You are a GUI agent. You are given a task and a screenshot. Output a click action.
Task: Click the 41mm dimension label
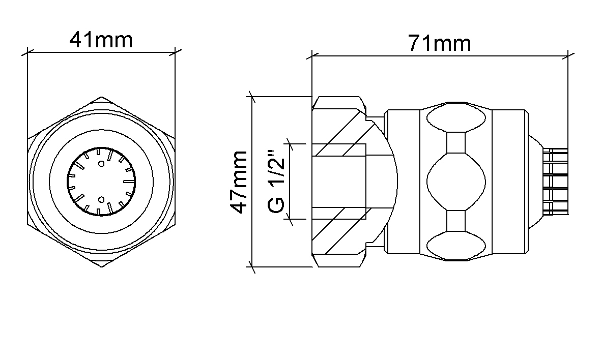101,40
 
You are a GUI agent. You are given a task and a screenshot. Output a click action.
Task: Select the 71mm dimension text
439,43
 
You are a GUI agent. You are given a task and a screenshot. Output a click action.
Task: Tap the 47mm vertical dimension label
239,182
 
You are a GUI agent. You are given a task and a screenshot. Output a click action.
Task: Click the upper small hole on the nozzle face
101,164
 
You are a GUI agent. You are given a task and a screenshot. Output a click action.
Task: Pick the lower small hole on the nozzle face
101,199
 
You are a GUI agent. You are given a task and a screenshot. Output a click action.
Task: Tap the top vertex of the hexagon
101,97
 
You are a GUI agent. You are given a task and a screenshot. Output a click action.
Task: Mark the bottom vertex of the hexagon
101,266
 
